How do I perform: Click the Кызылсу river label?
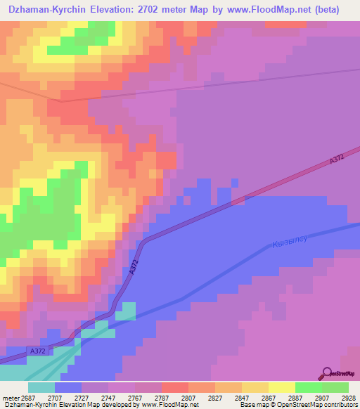[x=289, y=243]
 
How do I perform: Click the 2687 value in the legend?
[x=28, y=397]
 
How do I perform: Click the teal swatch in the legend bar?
[x=41, y=387]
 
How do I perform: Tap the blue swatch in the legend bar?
[x=67, y=387]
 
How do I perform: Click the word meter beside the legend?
[x=10, y=397]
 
